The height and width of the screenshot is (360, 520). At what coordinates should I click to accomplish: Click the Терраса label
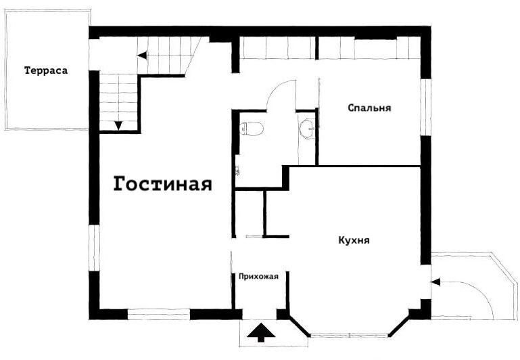[x=46, y=70]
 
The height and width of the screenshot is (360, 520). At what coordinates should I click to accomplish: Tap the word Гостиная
[x=162, y=183]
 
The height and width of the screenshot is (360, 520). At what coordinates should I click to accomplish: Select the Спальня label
[x=369, y=108]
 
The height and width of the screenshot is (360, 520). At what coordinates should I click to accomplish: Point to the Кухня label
[x=354, y=240]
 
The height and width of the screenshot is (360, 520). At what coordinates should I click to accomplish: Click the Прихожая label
[x=259, y=276]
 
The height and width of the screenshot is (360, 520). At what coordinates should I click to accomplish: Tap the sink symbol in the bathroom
[x=307, y=127]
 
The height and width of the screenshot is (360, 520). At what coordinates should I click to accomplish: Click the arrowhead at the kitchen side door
[x=435, y=282]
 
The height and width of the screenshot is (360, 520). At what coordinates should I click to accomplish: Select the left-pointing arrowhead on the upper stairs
[x=142, y=55]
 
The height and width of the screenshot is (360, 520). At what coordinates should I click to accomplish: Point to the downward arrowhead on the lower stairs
[x=118, y=126]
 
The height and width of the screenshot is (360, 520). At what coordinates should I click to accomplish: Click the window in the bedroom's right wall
[x=425, y=107]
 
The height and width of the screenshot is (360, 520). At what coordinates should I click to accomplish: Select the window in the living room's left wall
[x=94, y=248]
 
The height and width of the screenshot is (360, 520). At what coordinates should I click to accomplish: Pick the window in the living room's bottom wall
[x=159, y=314]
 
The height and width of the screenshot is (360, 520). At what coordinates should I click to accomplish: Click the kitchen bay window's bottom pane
[x=348, y=336]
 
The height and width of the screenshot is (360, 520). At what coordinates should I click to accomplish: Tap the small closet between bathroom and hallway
[x=249, y=213]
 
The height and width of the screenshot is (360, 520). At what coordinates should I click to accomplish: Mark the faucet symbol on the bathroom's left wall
[x=237, y=170]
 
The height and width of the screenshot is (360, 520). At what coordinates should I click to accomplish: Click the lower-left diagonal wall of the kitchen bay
[x=299, y=325]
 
